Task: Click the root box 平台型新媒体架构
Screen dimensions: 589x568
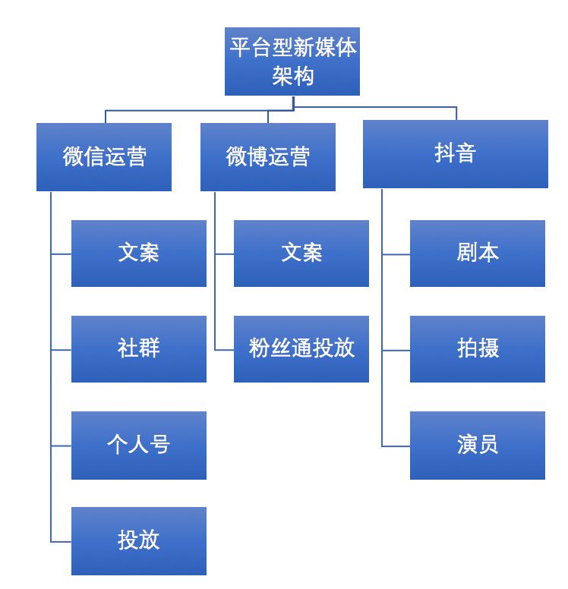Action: tap(292, 61)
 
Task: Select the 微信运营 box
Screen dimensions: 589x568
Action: tap(104, 157)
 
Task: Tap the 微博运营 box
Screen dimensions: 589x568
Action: tap(268, 157)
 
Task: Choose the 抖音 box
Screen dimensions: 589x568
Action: tap(456, 154)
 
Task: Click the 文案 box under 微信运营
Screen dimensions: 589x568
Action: tap(139, 254)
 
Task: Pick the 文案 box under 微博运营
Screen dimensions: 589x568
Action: tap(301, 254)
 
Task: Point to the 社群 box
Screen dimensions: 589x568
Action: tap(139, 349)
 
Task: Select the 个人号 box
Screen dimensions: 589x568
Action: tap(139, 445)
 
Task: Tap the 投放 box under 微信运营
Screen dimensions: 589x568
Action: tap(139, 540)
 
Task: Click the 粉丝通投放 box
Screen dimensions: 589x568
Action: tap(301, 349)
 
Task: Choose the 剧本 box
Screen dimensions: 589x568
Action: tap(478, 254)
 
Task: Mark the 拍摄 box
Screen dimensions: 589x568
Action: tap(478, 349)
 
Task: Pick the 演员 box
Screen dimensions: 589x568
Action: tap(478, 445)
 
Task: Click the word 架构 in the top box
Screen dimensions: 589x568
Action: tap(292, 77)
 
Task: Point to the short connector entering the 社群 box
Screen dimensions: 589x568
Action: tap(62, 350)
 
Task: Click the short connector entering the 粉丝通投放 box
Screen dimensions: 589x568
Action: tap(225, 350)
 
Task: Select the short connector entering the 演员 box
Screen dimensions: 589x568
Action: tap(396, 446)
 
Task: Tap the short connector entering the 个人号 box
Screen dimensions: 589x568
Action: tap(62, 446)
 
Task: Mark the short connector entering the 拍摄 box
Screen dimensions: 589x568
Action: tap(396, 351)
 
